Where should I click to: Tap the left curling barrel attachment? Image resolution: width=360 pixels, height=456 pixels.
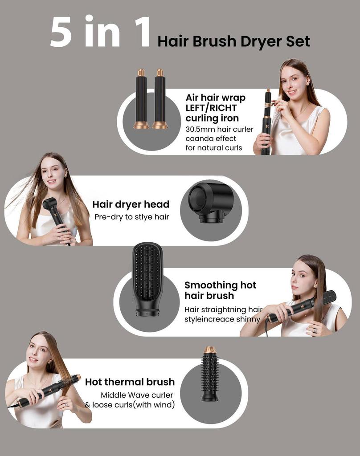point(141,99)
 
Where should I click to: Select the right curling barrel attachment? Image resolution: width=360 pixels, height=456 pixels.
point(160,99)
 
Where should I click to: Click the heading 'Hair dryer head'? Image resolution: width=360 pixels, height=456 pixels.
point(131,204)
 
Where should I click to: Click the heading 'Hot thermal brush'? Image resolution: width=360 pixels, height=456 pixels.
point(130,382)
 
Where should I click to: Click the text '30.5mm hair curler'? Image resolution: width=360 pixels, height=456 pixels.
point(219,130)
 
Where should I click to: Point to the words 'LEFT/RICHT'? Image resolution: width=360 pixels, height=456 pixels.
point(211,108)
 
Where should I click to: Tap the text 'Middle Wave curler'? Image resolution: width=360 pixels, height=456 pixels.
point(137,395)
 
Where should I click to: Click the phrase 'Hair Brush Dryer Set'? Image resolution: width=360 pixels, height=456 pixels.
point(233,41)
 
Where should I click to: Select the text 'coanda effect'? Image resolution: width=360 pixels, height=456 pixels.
point(211,138)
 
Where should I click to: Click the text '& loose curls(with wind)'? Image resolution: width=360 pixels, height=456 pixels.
point(130,405)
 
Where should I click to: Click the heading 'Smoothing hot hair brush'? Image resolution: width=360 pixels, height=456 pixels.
point(220,290)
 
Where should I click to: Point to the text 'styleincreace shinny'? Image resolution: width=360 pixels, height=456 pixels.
point(222,319)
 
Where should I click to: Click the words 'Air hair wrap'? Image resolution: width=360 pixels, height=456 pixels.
point(215,98)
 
